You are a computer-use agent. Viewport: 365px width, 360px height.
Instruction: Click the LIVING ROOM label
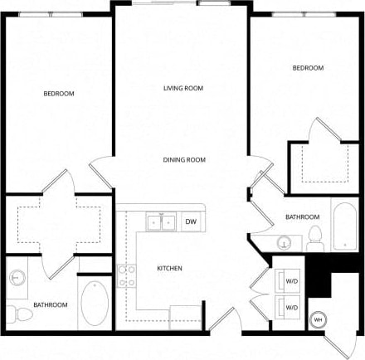coord(182,88)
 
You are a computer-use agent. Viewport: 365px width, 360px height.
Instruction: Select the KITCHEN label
coord(169,268)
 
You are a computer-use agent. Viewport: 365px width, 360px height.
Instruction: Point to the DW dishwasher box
coord(190,221)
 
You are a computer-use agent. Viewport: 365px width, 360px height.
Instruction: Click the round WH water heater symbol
coord(318,320)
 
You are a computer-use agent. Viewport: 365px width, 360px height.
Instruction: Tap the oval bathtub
coord(93,305)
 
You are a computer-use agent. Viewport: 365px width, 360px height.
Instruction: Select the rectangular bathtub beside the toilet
coord(343,224)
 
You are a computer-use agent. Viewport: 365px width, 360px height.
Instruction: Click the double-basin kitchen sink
coord(160,221)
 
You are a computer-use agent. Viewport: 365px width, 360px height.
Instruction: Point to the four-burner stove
coord(126,275)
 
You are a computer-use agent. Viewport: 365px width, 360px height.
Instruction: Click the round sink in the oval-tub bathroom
coord(18,279)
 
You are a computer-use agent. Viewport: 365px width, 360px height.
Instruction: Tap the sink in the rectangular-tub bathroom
coord(285,243)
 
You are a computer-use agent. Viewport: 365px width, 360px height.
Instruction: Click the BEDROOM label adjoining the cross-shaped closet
coord(59,94)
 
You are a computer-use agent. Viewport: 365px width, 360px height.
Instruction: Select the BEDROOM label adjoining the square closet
coord(308,68)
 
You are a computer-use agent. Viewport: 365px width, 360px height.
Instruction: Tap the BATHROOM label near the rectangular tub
coord(302,217)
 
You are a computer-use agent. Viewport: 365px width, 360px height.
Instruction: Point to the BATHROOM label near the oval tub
coord(50,305)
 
